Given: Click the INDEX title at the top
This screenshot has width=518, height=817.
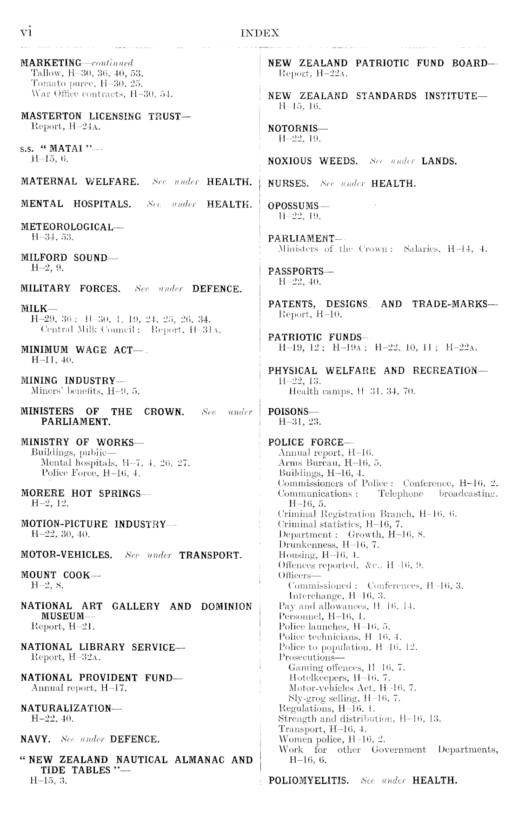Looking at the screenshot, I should pos(260,33).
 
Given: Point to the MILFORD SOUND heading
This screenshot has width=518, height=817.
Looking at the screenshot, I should pos(64,257).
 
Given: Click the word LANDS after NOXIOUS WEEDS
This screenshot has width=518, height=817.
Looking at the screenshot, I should pos(439,162).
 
